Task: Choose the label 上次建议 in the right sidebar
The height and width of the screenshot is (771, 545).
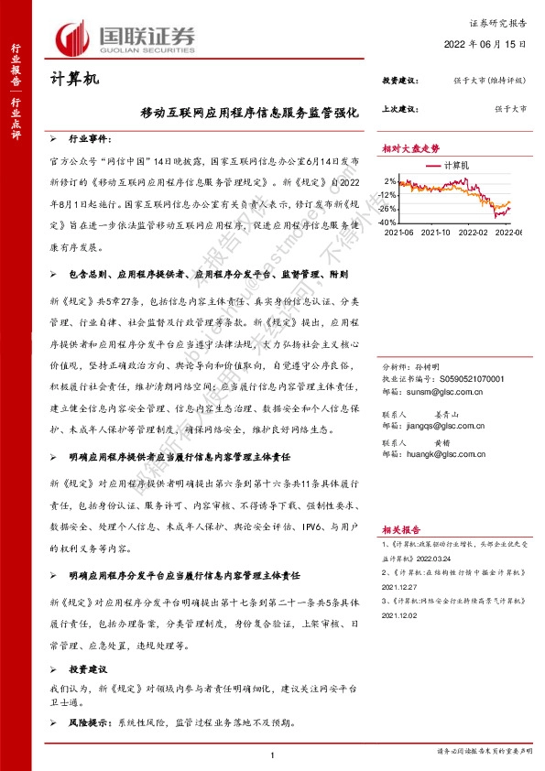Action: pos(398,108)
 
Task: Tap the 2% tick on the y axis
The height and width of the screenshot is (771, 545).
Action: pos(392,180)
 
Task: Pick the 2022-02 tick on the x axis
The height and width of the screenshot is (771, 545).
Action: pos(474,233)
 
